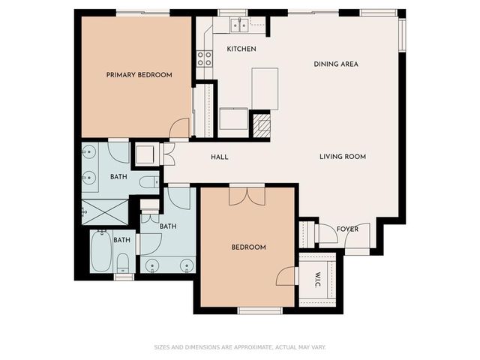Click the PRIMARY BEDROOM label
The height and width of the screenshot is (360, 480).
139,75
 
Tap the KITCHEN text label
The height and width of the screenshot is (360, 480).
241,49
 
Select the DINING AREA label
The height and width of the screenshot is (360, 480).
335,64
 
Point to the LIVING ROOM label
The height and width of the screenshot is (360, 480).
342,157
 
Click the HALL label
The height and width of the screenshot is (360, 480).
219,157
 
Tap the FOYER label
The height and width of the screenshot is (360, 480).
346,229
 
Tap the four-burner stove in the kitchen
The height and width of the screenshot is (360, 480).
203,58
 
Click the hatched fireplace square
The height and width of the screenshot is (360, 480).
259,124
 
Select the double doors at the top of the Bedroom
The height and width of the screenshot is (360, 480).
247,195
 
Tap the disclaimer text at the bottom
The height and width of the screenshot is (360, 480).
240,347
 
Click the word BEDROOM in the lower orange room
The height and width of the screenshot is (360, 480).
247,247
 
